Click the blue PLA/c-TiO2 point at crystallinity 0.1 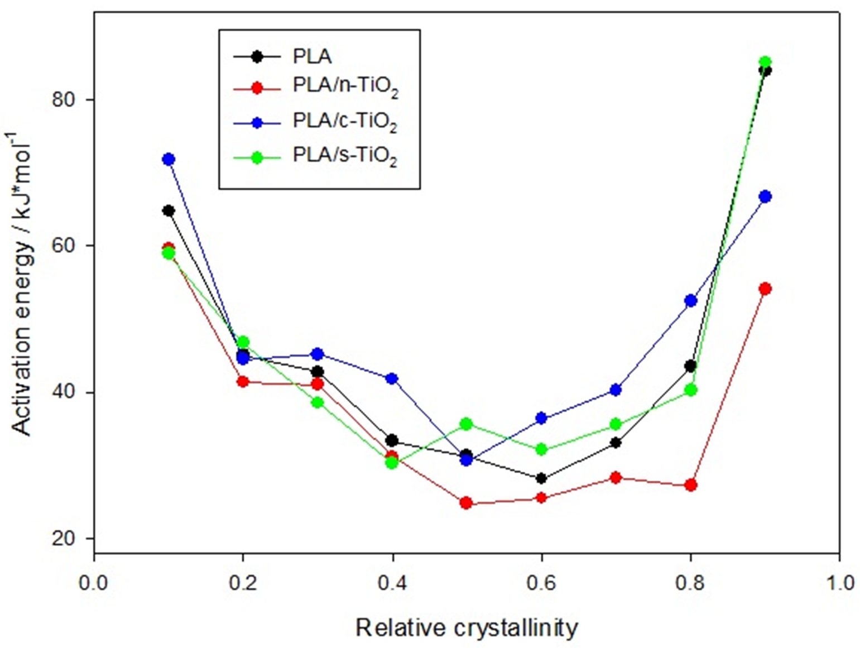(x=169, y=160)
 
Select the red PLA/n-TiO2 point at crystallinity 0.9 (x=765, y=289)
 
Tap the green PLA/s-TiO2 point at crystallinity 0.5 (x=467, y=424)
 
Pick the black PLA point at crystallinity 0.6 (x=541, y=478)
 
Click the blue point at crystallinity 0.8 (x=691, y=301)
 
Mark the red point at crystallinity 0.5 (x=467, y=503)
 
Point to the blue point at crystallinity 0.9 (x=765, y=196)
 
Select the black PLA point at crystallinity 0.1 (x=169, y=210)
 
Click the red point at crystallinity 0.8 (x=691, y=485)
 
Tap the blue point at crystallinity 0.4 (x=392, y=378)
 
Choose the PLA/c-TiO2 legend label (x=345, y=122)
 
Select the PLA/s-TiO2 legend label (x=345, y=156)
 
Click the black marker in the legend (x=257, y=56)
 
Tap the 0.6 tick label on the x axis (x=541, y=583)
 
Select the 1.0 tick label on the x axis (x=839, y=583)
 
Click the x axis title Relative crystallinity (x=467, y=628)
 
